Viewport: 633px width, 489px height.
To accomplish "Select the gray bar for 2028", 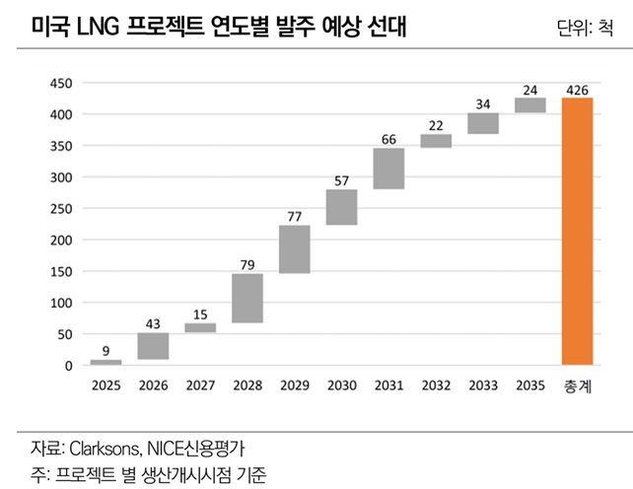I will [x=247, y=298].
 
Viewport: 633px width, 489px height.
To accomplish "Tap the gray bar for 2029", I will [x=295, y=248].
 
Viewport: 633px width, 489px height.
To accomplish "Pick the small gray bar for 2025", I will [x=105, y=362].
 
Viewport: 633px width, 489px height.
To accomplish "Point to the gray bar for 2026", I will [x=153, y=346].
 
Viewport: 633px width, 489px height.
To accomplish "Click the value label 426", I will [x=578, y=91].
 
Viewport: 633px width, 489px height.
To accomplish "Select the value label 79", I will [x=247, y=264].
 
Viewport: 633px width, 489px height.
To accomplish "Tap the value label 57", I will [x=342, y=180].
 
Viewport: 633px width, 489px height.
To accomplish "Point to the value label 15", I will [x=200, y=314].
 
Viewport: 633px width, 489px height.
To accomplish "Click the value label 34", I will [x=483, y=104].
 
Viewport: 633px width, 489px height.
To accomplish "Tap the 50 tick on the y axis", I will [x=65, y=334].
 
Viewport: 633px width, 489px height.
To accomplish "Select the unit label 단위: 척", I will [x=588, y=32].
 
